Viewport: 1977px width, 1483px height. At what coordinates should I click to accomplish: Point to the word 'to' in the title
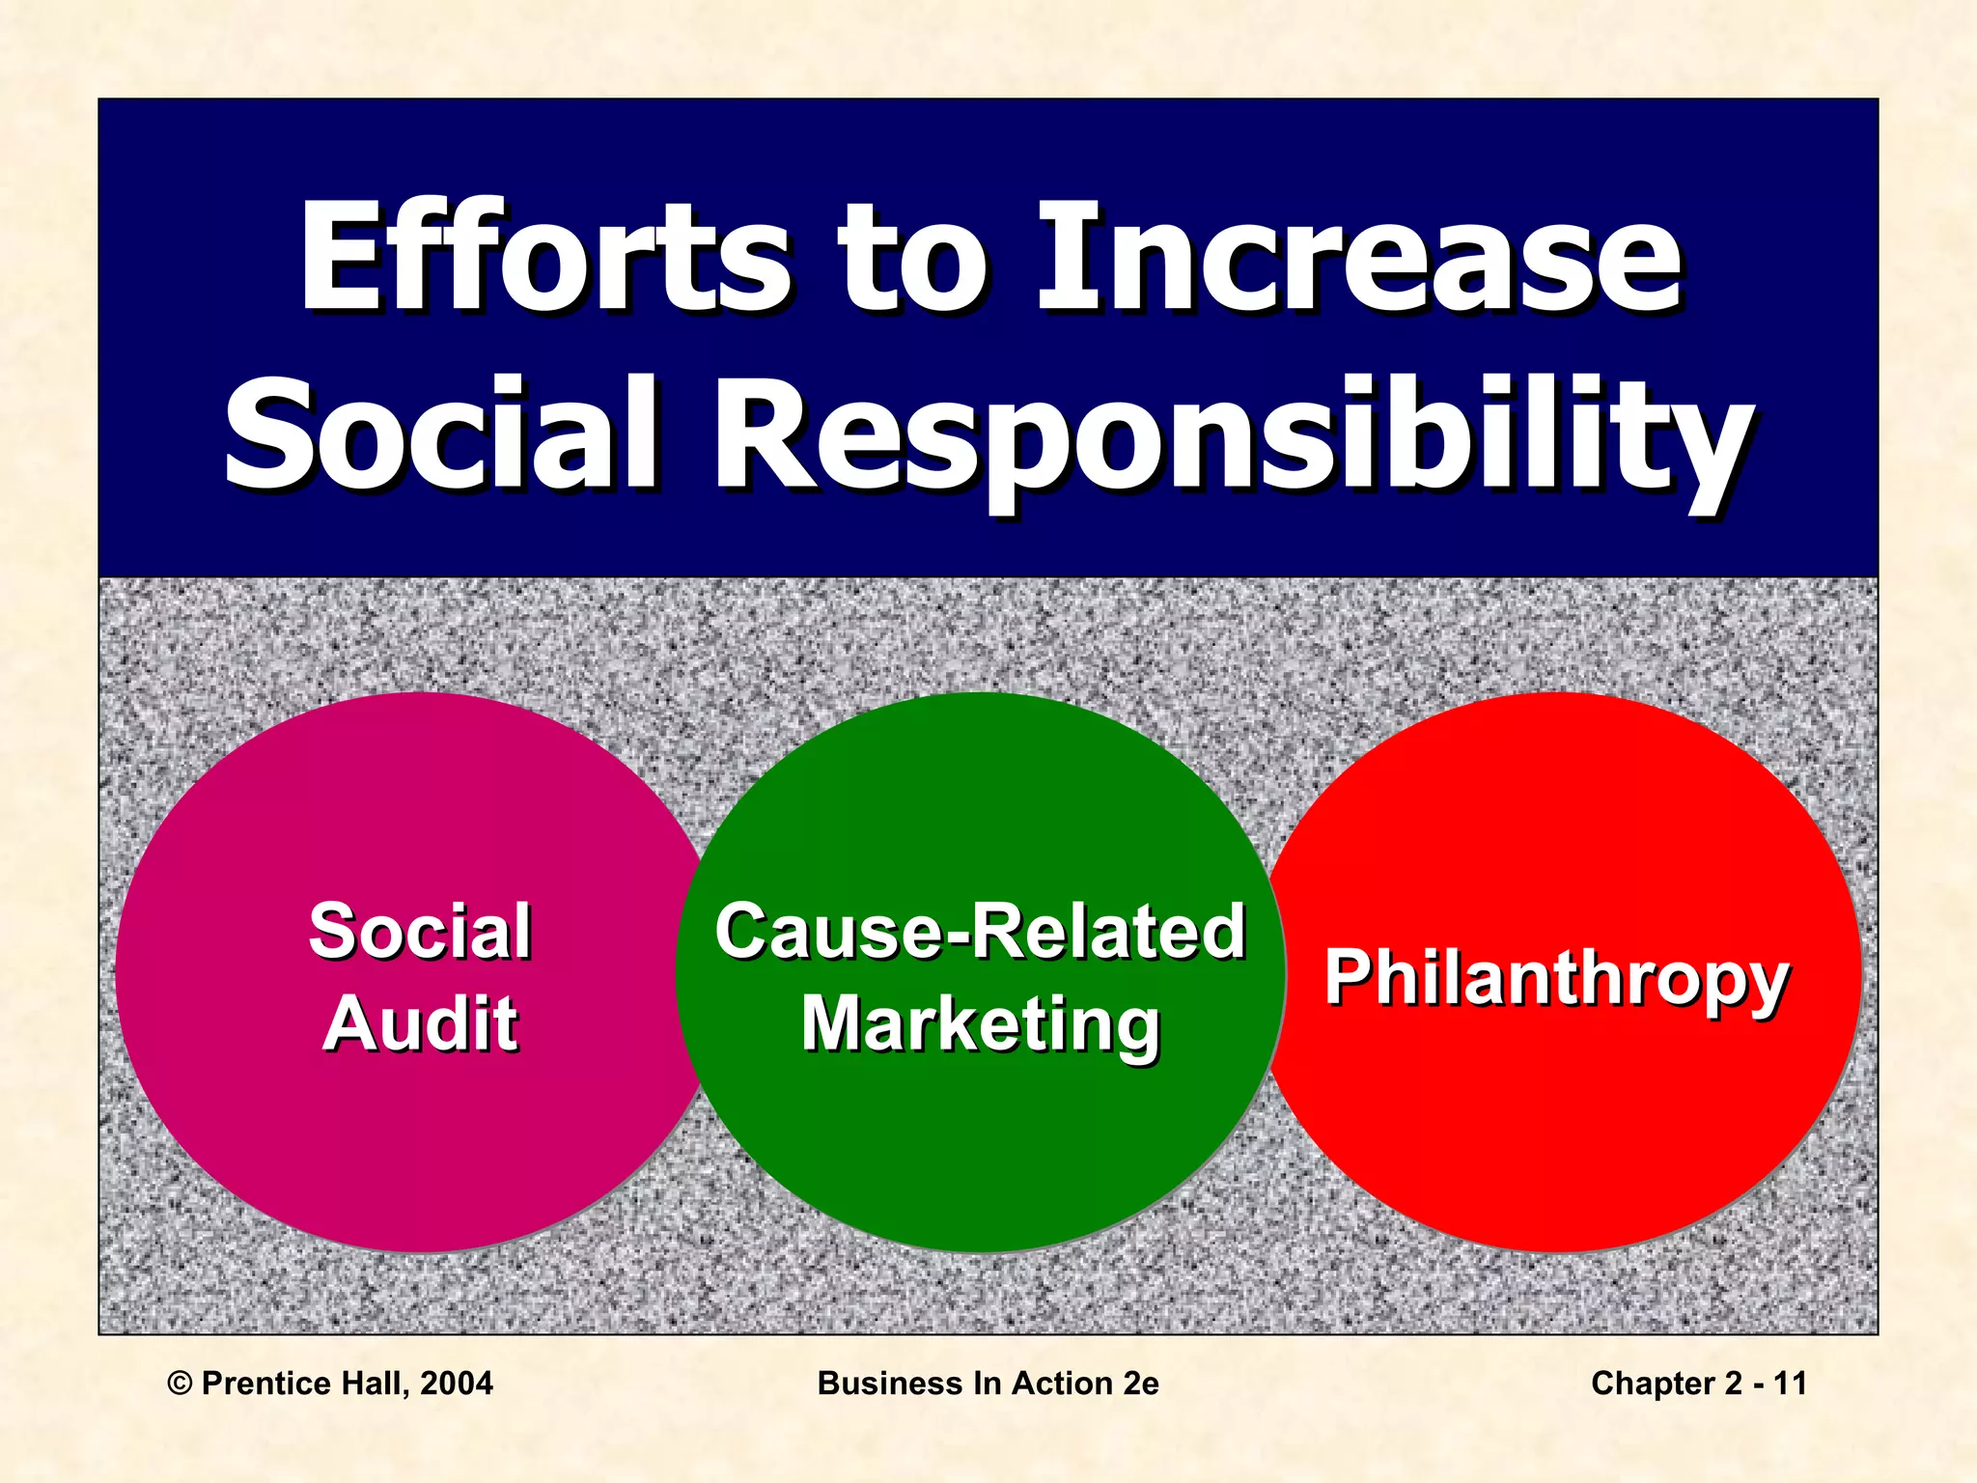coord(912,259)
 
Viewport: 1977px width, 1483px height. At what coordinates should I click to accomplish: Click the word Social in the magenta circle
coord(420,932)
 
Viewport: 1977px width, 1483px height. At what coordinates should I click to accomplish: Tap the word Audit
coord(421,1023)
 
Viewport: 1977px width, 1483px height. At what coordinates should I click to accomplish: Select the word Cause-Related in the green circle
coord(980,932)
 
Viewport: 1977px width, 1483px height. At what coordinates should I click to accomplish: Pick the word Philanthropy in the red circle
coord(1556,977)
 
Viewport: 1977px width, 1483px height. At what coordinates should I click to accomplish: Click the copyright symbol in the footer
coord(180,1384)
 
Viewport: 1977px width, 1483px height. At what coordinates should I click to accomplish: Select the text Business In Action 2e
coord(988,1384)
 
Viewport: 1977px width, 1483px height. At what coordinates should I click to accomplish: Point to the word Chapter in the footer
coord(1652,1384)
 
